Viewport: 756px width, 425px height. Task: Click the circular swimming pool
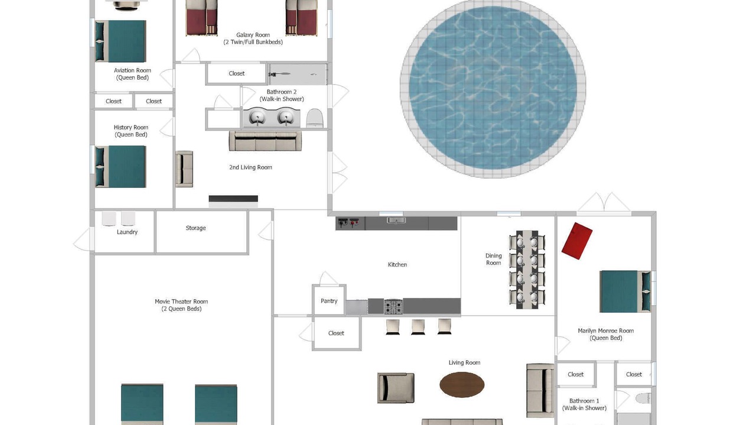point(493,89)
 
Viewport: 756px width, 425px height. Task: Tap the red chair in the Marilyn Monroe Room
point(577,241)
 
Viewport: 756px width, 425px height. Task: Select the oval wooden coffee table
point(462,384)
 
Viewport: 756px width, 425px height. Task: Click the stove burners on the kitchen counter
point(393,307)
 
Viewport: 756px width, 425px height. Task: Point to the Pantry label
point(329,301)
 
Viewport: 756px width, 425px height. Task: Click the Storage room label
point(195,228)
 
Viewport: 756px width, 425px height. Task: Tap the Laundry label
point(127,232)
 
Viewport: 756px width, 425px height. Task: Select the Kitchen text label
point(397,265)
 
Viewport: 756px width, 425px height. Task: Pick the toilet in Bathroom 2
point(315,118)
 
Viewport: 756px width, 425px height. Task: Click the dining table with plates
point(527,270)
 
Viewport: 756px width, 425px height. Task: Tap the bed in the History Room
point(120,166)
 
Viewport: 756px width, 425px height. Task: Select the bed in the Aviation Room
point(120,41)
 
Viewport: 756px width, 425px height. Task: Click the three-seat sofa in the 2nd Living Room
point(265,140)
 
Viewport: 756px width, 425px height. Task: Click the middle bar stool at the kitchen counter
point(418,327)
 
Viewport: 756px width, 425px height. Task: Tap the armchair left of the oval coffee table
point(396,388)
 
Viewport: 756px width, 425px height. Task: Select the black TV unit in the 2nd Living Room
point(233,199)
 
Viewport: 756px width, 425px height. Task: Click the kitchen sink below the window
point(396,221)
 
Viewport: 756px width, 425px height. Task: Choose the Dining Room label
point(493,259)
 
